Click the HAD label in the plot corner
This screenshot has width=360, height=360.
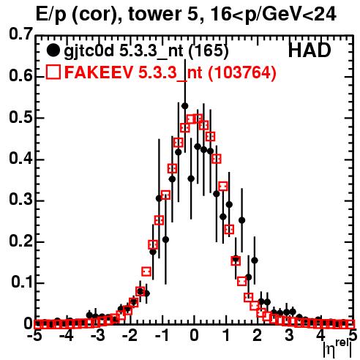310,50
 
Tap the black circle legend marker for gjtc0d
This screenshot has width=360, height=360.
53,50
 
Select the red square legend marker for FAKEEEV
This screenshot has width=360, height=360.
53,72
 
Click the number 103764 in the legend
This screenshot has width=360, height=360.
242,72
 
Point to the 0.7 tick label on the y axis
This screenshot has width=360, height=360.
20,34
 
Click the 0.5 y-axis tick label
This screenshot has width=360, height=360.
20,118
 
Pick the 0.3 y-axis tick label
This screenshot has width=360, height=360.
20,200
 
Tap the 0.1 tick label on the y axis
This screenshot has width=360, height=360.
21,282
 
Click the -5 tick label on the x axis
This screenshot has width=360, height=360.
34,336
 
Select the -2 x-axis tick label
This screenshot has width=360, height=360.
131,336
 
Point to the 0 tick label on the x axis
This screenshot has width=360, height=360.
194,336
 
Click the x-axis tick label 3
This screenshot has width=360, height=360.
289,336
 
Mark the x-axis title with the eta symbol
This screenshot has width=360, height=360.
338,348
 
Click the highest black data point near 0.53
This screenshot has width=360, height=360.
185,106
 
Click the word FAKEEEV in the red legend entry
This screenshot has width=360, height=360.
99,72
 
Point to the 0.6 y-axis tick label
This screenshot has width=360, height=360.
20,75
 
